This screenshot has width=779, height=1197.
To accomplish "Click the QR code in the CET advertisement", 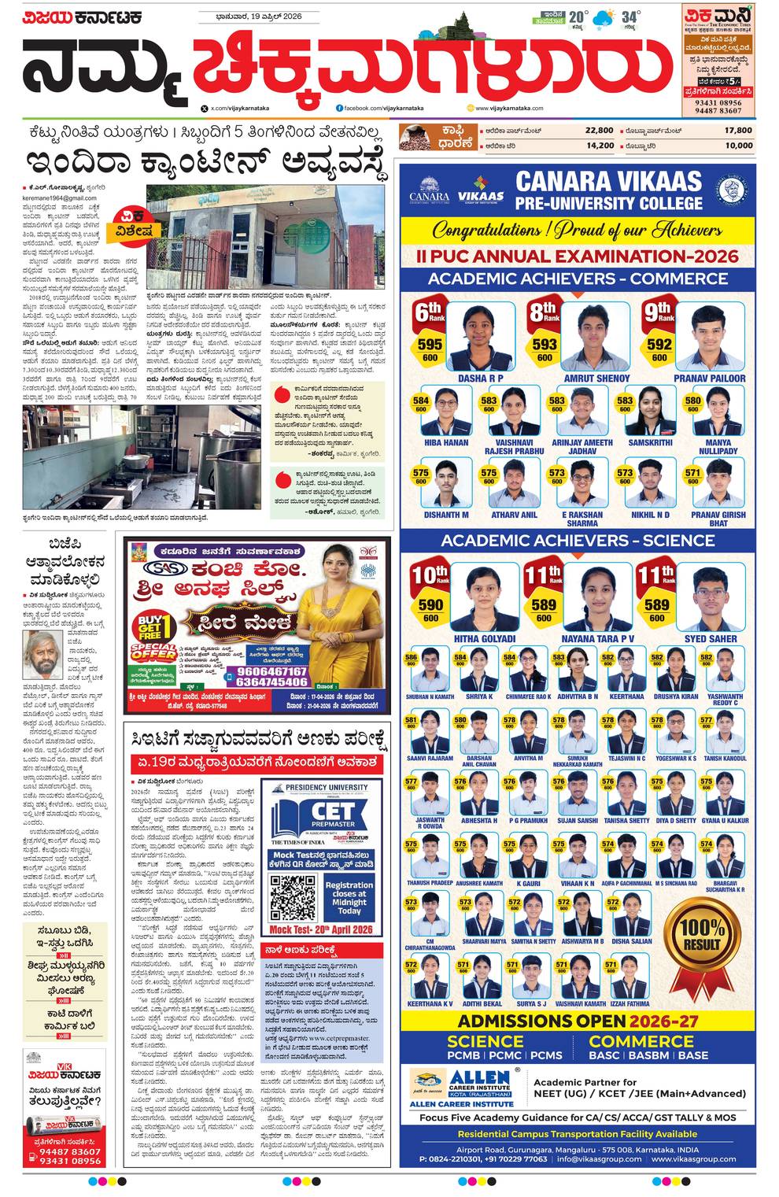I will click(293, 895).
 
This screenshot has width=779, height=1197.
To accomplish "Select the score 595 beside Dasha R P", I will click(430, 345).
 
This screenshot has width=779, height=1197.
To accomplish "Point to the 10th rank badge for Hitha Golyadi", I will click(430, 575).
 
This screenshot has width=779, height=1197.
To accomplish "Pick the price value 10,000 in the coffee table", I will click(738, 146).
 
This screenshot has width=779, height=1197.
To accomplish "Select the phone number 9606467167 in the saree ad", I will click(271, 671).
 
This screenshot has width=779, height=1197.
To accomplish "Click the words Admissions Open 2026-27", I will click(578, 1022).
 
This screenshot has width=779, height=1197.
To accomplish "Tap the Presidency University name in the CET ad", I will click(327, 787).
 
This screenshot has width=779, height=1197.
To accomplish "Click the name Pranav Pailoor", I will click(709, 379).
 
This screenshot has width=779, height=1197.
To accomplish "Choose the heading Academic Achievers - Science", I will click(578, 541).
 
